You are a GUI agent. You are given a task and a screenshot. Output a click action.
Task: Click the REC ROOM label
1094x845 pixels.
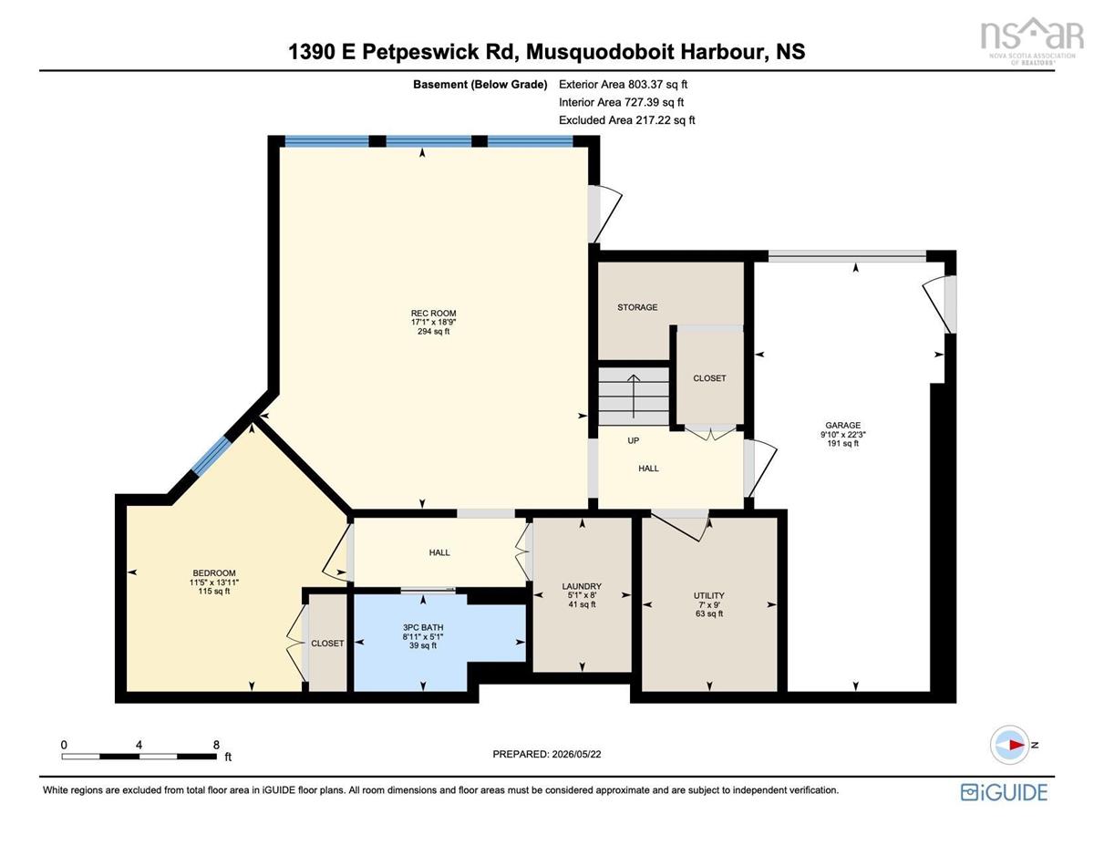433,313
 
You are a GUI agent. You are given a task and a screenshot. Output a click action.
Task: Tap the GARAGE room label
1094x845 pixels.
842,425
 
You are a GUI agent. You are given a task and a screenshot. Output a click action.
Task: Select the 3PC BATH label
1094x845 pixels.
422,627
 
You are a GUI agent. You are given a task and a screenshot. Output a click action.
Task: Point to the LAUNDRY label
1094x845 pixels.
582,586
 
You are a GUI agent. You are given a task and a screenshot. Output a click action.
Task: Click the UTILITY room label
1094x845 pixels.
709,595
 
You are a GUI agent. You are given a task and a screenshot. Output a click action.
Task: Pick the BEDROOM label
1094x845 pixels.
214,572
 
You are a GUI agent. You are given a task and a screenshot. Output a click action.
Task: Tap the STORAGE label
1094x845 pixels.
637,307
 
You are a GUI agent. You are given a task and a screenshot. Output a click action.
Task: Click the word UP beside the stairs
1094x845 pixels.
634,440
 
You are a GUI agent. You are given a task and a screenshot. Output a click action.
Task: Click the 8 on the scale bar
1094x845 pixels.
216,745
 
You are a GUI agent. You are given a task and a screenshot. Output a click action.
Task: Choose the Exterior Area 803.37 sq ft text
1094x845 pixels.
623,84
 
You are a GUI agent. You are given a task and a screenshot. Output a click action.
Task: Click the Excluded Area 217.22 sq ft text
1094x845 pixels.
627,119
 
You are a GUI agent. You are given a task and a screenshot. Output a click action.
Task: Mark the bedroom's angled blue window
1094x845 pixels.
211,456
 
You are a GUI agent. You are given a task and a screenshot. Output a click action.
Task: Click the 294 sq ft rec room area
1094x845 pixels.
433,331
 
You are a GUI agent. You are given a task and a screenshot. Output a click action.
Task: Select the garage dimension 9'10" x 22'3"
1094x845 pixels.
842,434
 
